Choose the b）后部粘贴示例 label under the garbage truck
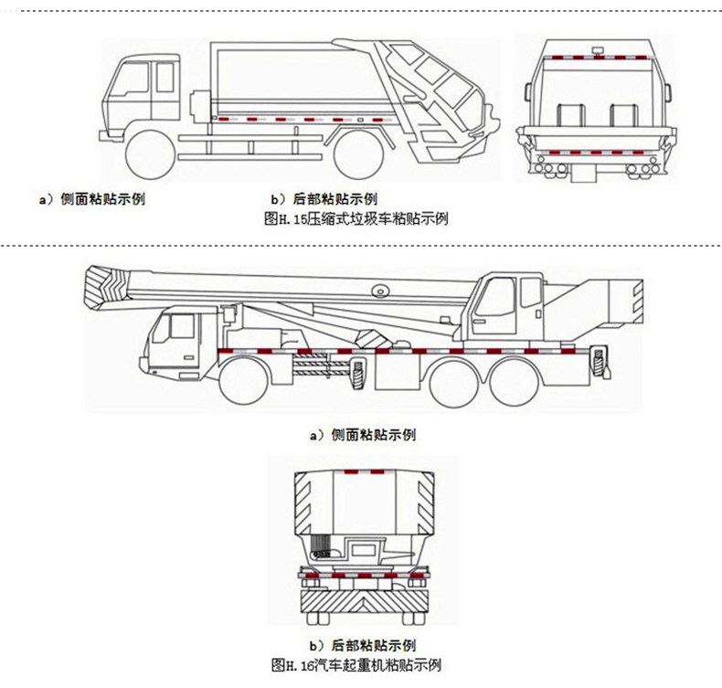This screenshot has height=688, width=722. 324,198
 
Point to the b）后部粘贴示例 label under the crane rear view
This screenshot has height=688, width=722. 364,645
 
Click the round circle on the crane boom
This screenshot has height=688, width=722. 379,290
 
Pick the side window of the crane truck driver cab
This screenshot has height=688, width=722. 180,326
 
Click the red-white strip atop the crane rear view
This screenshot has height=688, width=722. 362,471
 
